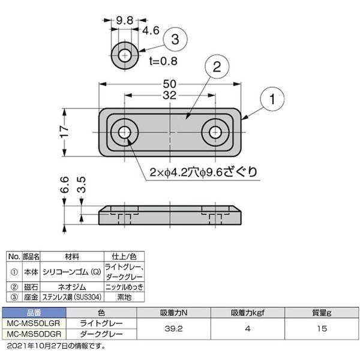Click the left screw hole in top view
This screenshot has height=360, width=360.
(x=125, y=131)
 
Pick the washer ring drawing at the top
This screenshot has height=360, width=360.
(x=125, y=55)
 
